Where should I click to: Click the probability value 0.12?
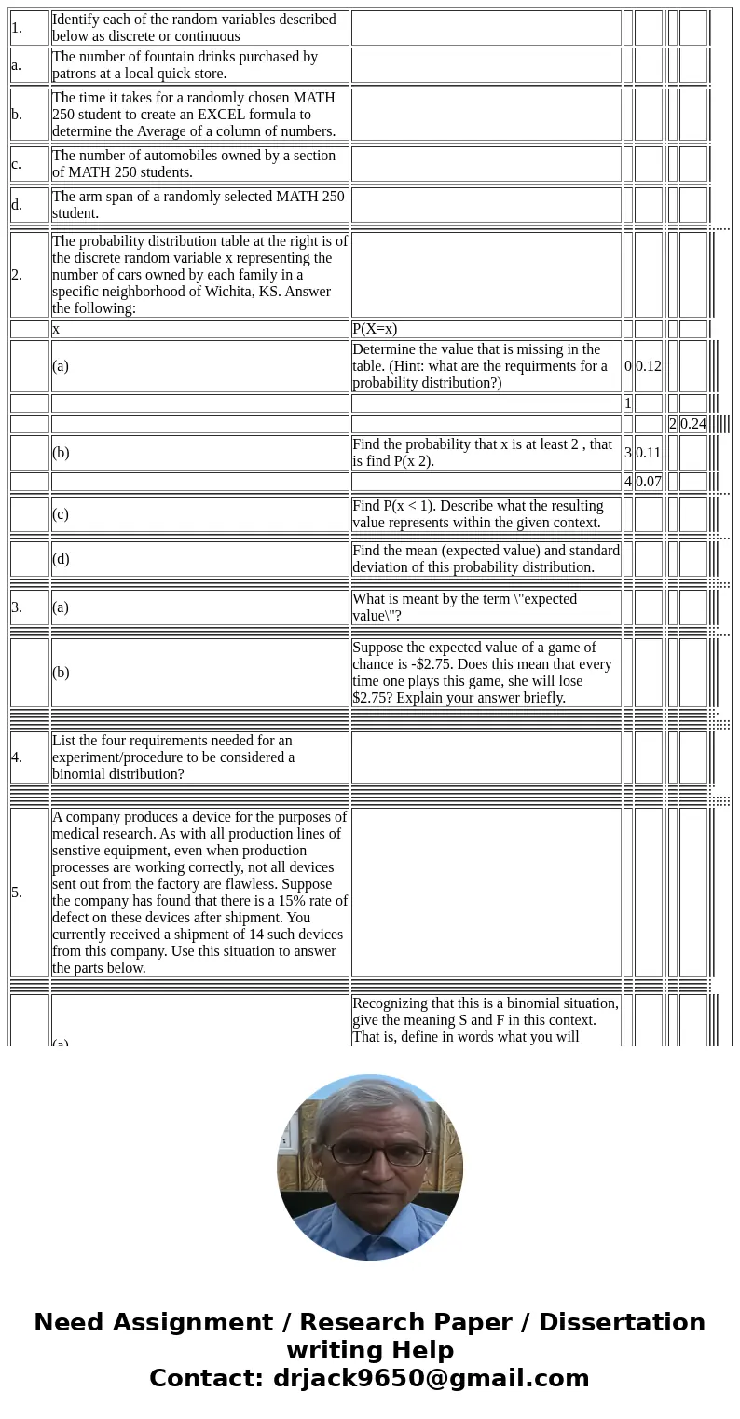[x=648, y=366]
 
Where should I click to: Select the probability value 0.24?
[x=692, y=424]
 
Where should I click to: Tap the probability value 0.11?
[x=648, y=453]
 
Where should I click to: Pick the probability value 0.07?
[x=648, y=482]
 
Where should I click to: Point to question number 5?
[x=17, y=893]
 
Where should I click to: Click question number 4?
[x=17, y=757]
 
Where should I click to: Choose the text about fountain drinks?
[x=185, y=65]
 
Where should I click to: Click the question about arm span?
[x=198, y=205]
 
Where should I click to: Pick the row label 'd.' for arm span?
[x=17, y=205]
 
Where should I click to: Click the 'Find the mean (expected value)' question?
[x=486, y=559]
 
